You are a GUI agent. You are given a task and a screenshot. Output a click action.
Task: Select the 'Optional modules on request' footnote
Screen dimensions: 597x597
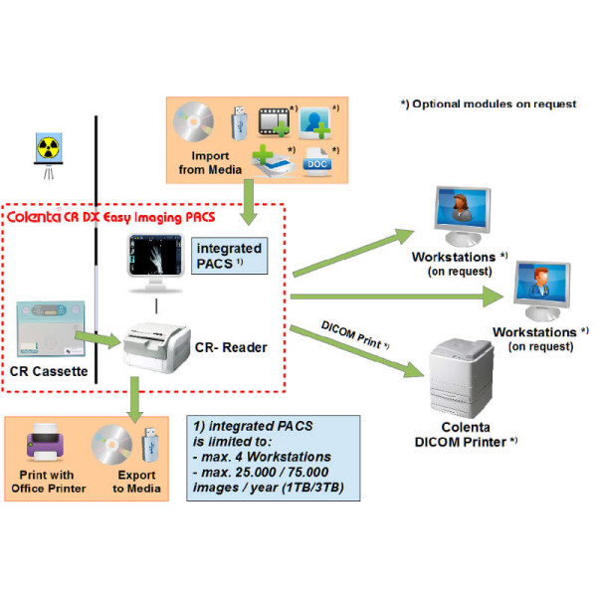pyautogui.click(x=489, y=104)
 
